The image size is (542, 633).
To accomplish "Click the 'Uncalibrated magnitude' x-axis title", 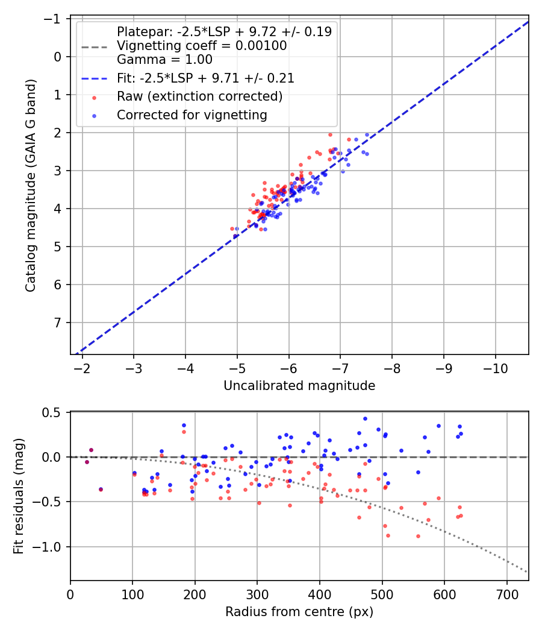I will [299, 386].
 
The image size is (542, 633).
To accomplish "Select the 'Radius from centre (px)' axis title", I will [299, 612].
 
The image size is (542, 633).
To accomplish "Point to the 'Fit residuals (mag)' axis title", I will [18, 496].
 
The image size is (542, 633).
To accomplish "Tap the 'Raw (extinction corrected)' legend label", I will [199, 96].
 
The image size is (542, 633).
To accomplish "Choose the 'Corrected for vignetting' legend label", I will [192, 115].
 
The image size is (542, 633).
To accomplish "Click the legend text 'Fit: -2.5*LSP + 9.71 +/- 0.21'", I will [205, 78].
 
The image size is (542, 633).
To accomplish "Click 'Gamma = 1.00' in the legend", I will [164, 60].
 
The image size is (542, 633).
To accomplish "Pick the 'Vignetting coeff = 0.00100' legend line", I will [202, 46].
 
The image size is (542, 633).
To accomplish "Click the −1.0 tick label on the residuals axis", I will [51, 547].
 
